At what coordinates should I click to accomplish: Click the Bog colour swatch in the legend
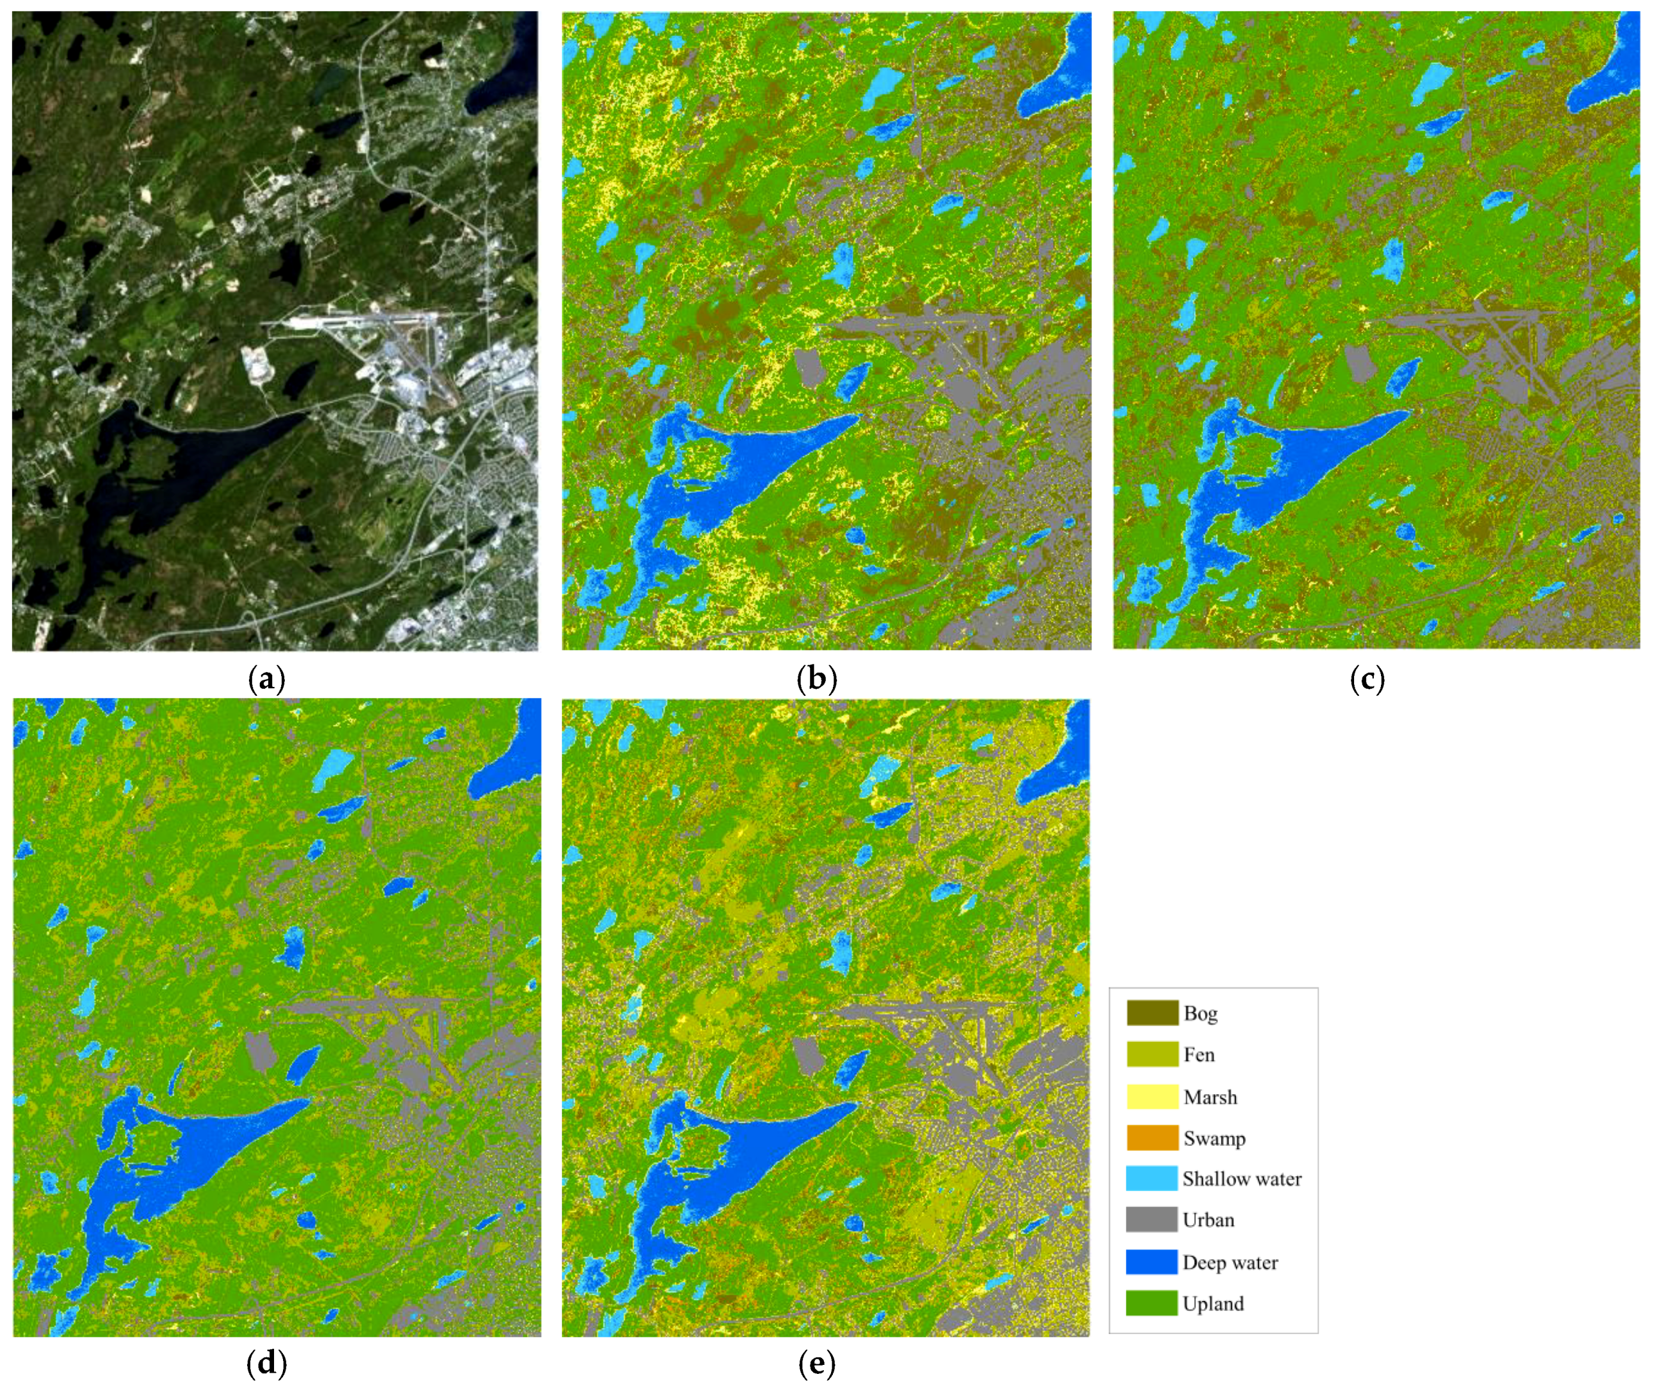1152,1013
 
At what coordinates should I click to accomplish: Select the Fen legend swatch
1152,1055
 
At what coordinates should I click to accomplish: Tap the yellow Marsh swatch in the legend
1152,1097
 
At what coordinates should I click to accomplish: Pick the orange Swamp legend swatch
1152,1138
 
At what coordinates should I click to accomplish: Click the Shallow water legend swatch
1152,1179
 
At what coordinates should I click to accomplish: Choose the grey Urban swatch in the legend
1152,1220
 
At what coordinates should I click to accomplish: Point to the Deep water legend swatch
1152,1262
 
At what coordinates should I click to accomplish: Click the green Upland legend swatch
1152,1303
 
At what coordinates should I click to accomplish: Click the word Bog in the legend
1200,1014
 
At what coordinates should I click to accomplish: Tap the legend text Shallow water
1241,1179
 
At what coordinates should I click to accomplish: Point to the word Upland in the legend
1213,1304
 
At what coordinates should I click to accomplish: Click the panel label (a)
266,679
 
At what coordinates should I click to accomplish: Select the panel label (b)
817,679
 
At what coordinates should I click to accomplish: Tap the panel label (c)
1367,679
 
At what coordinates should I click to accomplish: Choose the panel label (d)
266,1363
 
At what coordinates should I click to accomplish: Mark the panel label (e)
817,1363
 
